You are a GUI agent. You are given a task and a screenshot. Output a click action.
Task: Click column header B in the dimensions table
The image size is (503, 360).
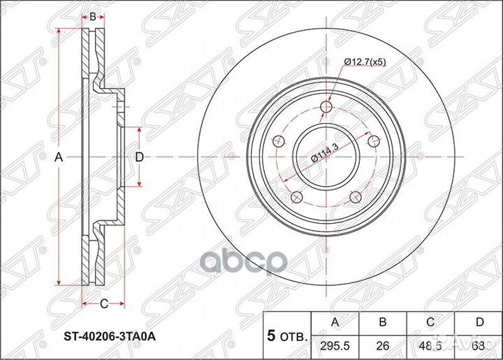tap(383, 322)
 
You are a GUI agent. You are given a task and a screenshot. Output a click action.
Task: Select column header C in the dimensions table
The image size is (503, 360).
tap(431, 322)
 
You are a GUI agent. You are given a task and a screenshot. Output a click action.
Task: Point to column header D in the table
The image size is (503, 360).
tap(479, 322)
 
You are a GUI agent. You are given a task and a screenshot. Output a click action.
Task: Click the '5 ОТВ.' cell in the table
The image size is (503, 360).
tap(286, 335)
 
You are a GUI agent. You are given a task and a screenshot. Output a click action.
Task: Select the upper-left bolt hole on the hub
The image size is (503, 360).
tap(281, 140)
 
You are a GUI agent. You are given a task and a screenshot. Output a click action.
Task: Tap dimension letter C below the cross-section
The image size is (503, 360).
tap(103, 303)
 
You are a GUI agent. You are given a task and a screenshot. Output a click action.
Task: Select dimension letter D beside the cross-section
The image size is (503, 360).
tap(140, 158)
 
